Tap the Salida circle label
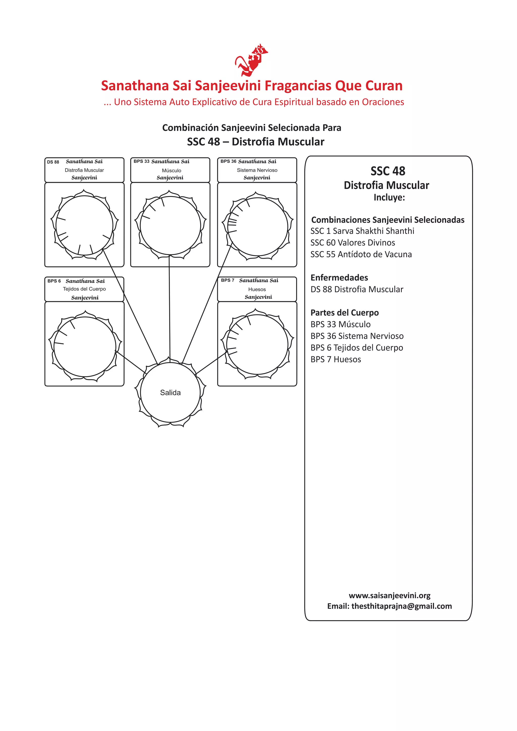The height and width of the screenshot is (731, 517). (x=170, y=393)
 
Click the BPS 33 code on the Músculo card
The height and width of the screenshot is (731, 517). (x=141, y=161)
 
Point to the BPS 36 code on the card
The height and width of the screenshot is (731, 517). (x=228, y=161)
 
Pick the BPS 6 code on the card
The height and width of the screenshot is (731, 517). (x=54, y=281)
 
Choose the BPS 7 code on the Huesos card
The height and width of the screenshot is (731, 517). (x=228, y=280)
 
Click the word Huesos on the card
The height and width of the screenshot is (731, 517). (x=257, y=289)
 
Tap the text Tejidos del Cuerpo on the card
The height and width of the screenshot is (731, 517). (x=84, y=289)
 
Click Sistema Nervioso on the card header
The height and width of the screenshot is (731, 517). (x=257, y=170)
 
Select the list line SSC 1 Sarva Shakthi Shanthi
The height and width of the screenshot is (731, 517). (x=362, y=231)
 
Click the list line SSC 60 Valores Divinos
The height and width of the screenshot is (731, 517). (x=353, y=243)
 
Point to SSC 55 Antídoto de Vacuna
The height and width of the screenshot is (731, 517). (x=361, y=254)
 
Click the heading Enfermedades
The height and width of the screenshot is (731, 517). (x=339, y=278)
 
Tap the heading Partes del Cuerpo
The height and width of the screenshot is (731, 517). (x=344, y=313)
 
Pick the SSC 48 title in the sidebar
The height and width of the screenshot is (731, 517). (x=388, y=171)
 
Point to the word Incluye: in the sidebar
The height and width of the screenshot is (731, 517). (x=389, y=197)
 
